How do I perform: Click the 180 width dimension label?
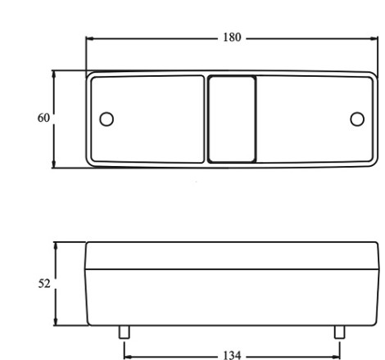point(232,38)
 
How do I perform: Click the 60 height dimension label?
point(43,118)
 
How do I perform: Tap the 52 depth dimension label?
point(44,284)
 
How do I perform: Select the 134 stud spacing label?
point(232,355)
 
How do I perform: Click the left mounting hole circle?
point(106,119)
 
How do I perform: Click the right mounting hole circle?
point(357,119)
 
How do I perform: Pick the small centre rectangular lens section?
point(232,119)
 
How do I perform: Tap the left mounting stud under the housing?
point(125,332)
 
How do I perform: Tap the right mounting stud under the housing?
point(340,332)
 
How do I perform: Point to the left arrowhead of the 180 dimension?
point(90,38)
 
